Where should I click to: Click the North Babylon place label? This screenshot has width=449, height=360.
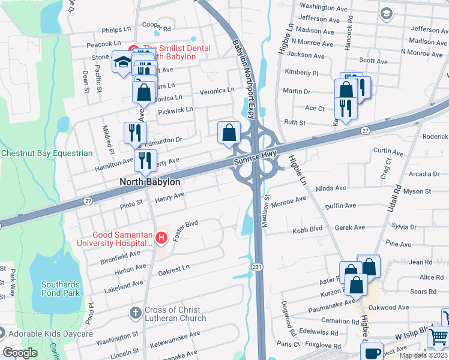(x=142, y=181)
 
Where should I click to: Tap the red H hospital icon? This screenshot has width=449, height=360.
(x=161, y=238)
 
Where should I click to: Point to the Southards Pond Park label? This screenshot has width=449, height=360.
(x=60, y=289)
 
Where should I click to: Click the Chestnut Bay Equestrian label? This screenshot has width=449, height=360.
(x=47, y=154)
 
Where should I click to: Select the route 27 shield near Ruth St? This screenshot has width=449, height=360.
(x=365, y=130)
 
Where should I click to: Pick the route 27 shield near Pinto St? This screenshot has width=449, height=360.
(x=88, y=200)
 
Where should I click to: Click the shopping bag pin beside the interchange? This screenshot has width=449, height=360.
(x=229, y=133)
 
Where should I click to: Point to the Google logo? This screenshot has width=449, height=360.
(x=20, y=353)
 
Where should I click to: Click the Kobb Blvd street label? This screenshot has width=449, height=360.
(x=308, y=229)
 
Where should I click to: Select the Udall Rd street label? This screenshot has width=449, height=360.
(x=397, y=202)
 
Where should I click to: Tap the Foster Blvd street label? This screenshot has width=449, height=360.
(x=185, y=230)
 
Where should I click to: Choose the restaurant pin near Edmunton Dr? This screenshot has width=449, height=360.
(x=135, y=133)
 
